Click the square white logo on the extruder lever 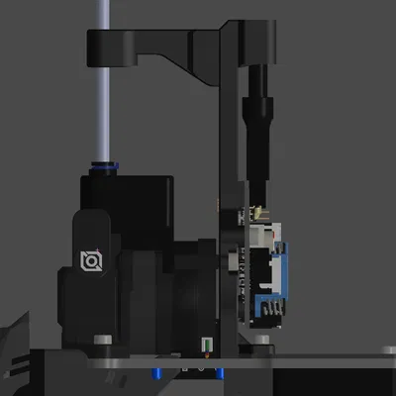click(x=92, y=260)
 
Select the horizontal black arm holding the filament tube click(x=158, y=45)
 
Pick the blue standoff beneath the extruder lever click(x=155, y=373)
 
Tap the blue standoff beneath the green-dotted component click(x=211, y=373)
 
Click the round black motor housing click(x=183, y=297)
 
